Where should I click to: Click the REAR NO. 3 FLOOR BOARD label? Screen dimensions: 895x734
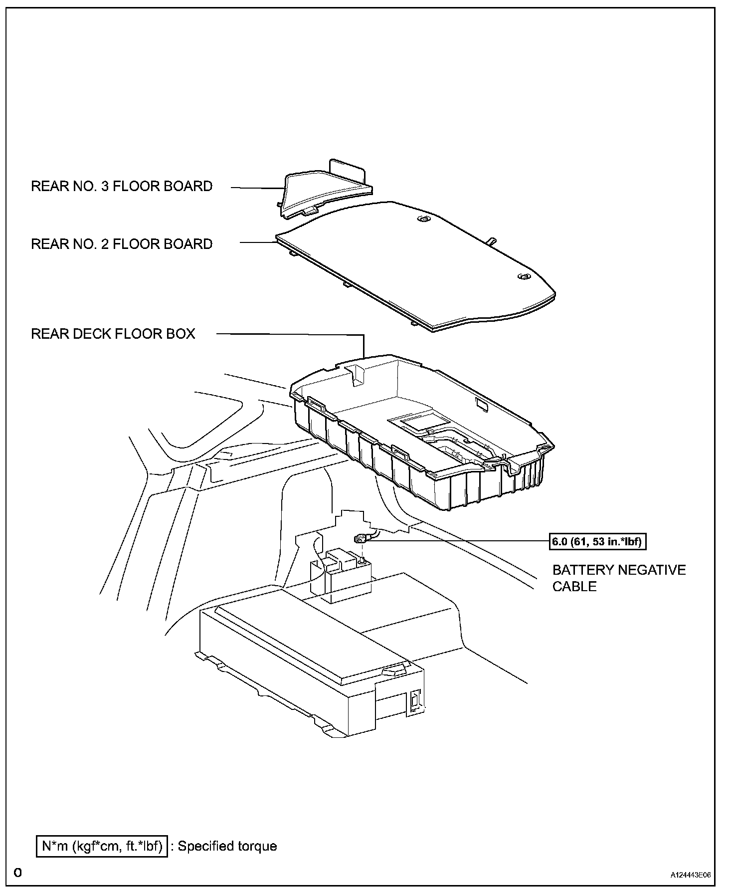(122, 187)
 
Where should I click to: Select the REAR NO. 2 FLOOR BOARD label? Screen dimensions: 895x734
(122, 244)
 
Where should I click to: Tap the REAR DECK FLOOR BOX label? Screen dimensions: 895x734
(113, 334)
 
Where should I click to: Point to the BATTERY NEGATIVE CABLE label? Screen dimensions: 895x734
(619, 578)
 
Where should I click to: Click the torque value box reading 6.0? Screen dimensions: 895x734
(598, 541)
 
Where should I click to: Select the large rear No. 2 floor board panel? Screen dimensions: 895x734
(414, 264)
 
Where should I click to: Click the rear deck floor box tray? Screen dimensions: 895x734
(424, 439)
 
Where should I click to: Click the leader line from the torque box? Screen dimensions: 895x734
(459, 540)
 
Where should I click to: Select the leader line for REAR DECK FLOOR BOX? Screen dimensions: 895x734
(289, 334)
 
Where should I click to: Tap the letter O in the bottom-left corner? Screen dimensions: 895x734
(18, 873)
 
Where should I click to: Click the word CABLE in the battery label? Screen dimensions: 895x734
(574, 587)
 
